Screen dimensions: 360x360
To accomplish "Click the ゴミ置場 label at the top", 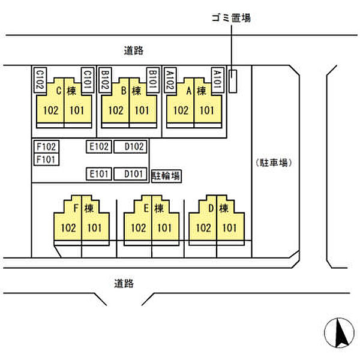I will (231, 18).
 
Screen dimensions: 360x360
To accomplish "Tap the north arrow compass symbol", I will (338, 331).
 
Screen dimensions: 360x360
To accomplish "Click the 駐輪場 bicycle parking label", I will (166, 176).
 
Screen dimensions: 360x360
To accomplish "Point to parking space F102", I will (46, 146).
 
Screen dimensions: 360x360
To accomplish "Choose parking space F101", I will (46, 159).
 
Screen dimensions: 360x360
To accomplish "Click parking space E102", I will (98, 146).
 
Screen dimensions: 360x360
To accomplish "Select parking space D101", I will (131, 174).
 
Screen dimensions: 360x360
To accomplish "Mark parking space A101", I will (218, 79).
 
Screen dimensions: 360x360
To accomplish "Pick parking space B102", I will (104, 79).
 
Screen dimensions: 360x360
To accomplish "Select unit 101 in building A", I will (206, 110).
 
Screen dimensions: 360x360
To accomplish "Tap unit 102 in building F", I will (68, 227).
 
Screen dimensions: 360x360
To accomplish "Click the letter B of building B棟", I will (124, 92).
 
